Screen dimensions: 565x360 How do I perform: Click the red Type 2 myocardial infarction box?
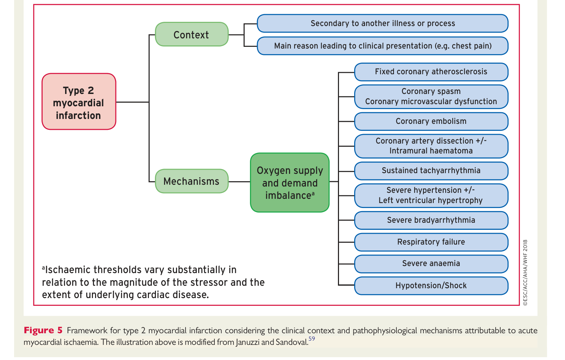coord(79,102)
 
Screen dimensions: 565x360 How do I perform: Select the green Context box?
coord(192,34)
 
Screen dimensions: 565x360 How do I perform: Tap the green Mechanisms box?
coord(192,181)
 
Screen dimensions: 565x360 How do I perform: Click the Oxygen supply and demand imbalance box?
coord(290,183)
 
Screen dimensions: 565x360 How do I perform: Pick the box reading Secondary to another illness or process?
coord(383,24)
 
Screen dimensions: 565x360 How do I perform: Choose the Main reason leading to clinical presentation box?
coord(383,46)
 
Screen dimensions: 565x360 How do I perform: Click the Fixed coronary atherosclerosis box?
coord(431,72)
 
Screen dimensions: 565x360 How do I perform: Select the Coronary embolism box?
coord(431,121)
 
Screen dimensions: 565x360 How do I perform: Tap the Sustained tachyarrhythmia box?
coord(431,171)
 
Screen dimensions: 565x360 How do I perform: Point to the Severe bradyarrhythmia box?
coord(431,220)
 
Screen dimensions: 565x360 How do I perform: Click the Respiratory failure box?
coord(431,242)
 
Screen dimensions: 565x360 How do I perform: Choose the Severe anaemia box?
coord(431,264)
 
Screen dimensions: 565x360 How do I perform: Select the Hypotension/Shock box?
coord(431,286)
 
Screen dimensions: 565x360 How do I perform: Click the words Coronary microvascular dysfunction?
coord(431,101)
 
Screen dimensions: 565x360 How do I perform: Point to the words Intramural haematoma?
coord(431,151)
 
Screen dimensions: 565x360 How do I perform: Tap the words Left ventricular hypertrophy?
coord(431,201)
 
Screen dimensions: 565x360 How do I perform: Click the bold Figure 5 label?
coord(43,330)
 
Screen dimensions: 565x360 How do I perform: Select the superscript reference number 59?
coord(312,339)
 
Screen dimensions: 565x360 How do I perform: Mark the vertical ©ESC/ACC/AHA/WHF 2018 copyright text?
coord(526,272)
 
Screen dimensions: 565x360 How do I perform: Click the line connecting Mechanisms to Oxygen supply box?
coord(239,182)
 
